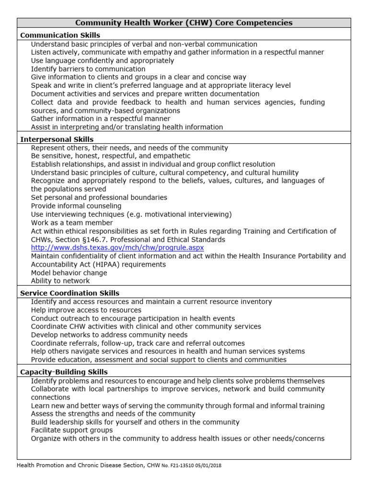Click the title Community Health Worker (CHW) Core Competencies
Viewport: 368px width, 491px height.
[x=184, y=23]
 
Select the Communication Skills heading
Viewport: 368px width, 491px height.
[x=60, y=35]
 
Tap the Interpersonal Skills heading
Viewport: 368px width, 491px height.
[x=57, y=140]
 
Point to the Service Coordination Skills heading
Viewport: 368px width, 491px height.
[x=69, y=293]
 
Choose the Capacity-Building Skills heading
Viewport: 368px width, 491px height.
[x=64, y=372]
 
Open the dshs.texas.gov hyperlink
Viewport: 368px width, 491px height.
[x=117, y=248]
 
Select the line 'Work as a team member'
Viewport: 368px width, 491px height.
[x=72, y=223]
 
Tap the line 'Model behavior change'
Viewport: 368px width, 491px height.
[x=69, y=273]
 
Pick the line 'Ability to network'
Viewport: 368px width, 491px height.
[x=60, y=281]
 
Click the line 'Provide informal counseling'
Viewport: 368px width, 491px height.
[x=76, y=206]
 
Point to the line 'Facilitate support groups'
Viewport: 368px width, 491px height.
[x=72, y=431]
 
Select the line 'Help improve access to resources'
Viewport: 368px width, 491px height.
[x=86, y=310]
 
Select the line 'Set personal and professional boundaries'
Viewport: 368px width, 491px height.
[x=99, y=198]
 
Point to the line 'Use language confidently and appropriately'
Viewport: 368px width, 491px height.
[x=103, y=61]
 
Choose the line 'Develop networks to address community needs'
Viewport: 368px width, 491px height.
[x=109, y=335]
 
